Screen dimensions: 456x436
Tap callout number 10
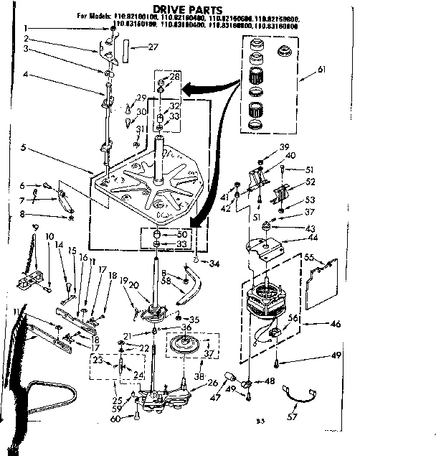pos(49,236)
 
